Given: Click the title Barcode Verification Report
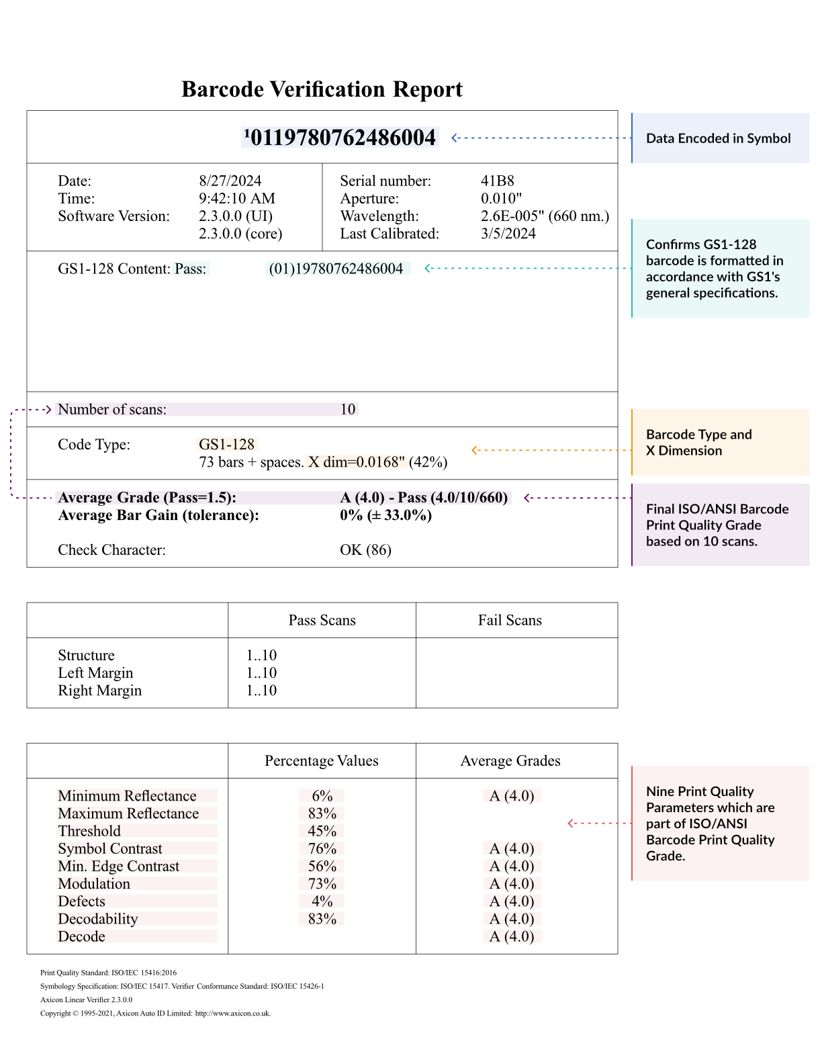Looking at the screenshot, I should click(x=322, y=89).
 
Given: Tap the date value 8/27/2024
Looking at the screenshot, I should click(x=230, y=181).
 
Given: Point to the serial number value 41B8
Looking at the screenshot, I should click(x=497, y=181).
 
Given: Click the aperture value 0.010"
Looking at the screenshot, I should click(x=501, y=198).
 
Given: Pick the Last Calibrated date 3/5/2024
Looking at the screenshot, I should click(x=508, y=233).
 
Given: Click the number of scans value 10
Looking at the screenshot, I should click(x=348, y=409).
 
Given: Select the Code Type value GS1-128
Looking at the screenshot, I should click(x=227, y=444).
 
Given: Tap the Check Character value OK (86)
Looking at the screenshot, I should click(x=365, y=549).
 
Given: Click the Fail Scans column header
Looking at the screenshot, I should click(x=510, y=620).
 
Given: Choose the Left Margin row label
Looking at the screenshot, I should click(x=95, y=672).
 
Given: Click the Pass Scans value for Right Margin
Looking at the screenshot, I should click(x=261, y=690).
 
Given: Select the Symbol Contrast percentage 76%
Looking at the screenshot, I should click(x=322, y=848).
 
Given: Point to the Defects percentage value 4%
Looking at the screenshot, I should click(x=322, y=901).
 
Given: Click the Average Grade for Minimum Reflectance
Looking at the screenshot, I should click(x=512, y=795).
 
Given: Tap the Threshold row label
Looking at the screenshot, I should click(x=89, y=831).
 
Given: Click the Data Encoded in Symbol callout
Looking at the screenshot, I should click(x=718, y=138).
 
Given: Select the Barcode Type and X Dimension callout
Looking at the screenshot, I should click(x=698, y=442).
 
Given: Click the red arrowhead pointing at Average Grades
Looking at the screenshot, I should click(x=571, y=823).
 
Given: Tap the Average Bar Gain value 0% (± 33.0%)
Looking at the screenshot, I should click(x=385, y=515).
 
